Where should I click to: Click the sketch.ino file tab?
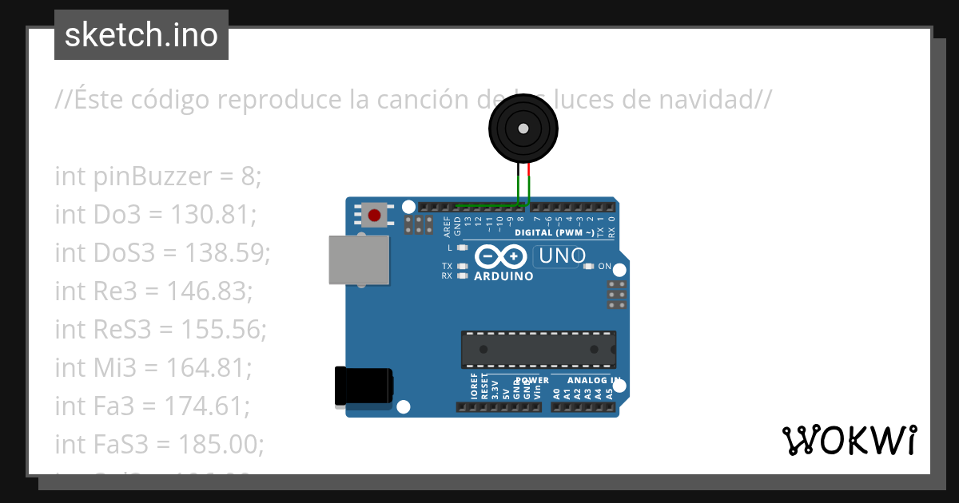coord(141,35)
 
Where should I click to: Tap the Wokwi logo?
coord(849,440)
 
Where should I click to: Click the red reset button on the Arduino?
coord(373,214)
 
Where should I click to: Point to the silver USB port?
coord(359,260)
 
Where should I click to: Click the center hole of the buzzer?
coord(523,129)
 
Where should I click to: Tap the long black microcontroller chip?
coord(538,349)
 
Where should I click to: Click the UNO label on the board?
coord(563,256)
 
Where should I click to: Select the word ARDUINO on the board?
coord(503,276)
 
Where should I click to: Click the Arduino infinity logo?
coord(500,256)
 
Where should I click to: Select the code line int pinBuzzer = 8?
coord(158,176)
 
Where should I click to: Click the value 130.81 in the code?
coord(213,215)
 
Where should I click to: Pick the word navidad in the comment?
coord(706,100)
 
